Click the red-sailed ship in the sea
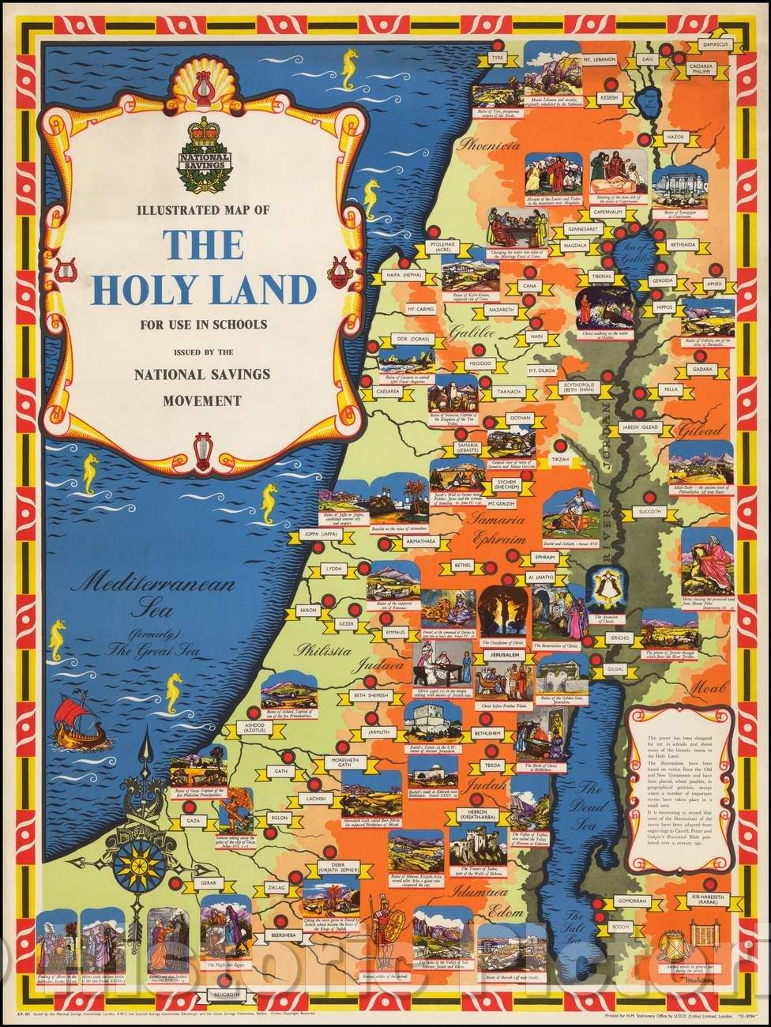point(83,721)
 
